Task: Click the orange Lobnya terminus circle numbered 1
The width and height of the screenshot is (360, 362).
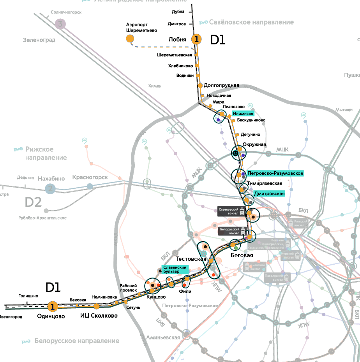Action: [197, 39]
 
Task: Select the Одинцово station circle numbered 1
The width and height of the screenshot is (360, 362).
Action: [53, 306]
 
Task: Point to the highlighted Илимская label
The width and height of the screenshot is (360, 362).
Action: [243, 114]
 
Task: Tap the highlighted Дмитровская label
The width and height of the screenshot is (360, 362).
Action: [269, 193]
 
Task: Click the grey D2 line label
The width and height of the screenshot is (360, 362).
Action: [33, 202]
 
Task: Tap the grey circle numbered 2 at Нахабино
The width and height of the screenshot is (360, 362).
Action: [50, 189]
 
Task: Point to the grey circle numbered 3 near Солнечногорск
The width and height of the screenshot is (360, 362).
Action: [60, 25]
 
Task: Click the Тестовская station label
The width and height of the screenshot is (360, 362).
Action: [191, 259]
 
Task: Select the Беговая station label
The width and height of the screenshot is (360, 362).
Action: [242, 255]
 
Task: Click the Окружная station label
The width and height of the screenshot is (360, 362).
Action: [254, 144]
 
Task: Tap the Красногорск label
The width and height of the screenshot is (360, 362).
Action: [90, 177]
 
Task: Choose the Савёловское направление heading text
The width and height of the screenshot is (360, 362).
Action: [251, 22]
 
